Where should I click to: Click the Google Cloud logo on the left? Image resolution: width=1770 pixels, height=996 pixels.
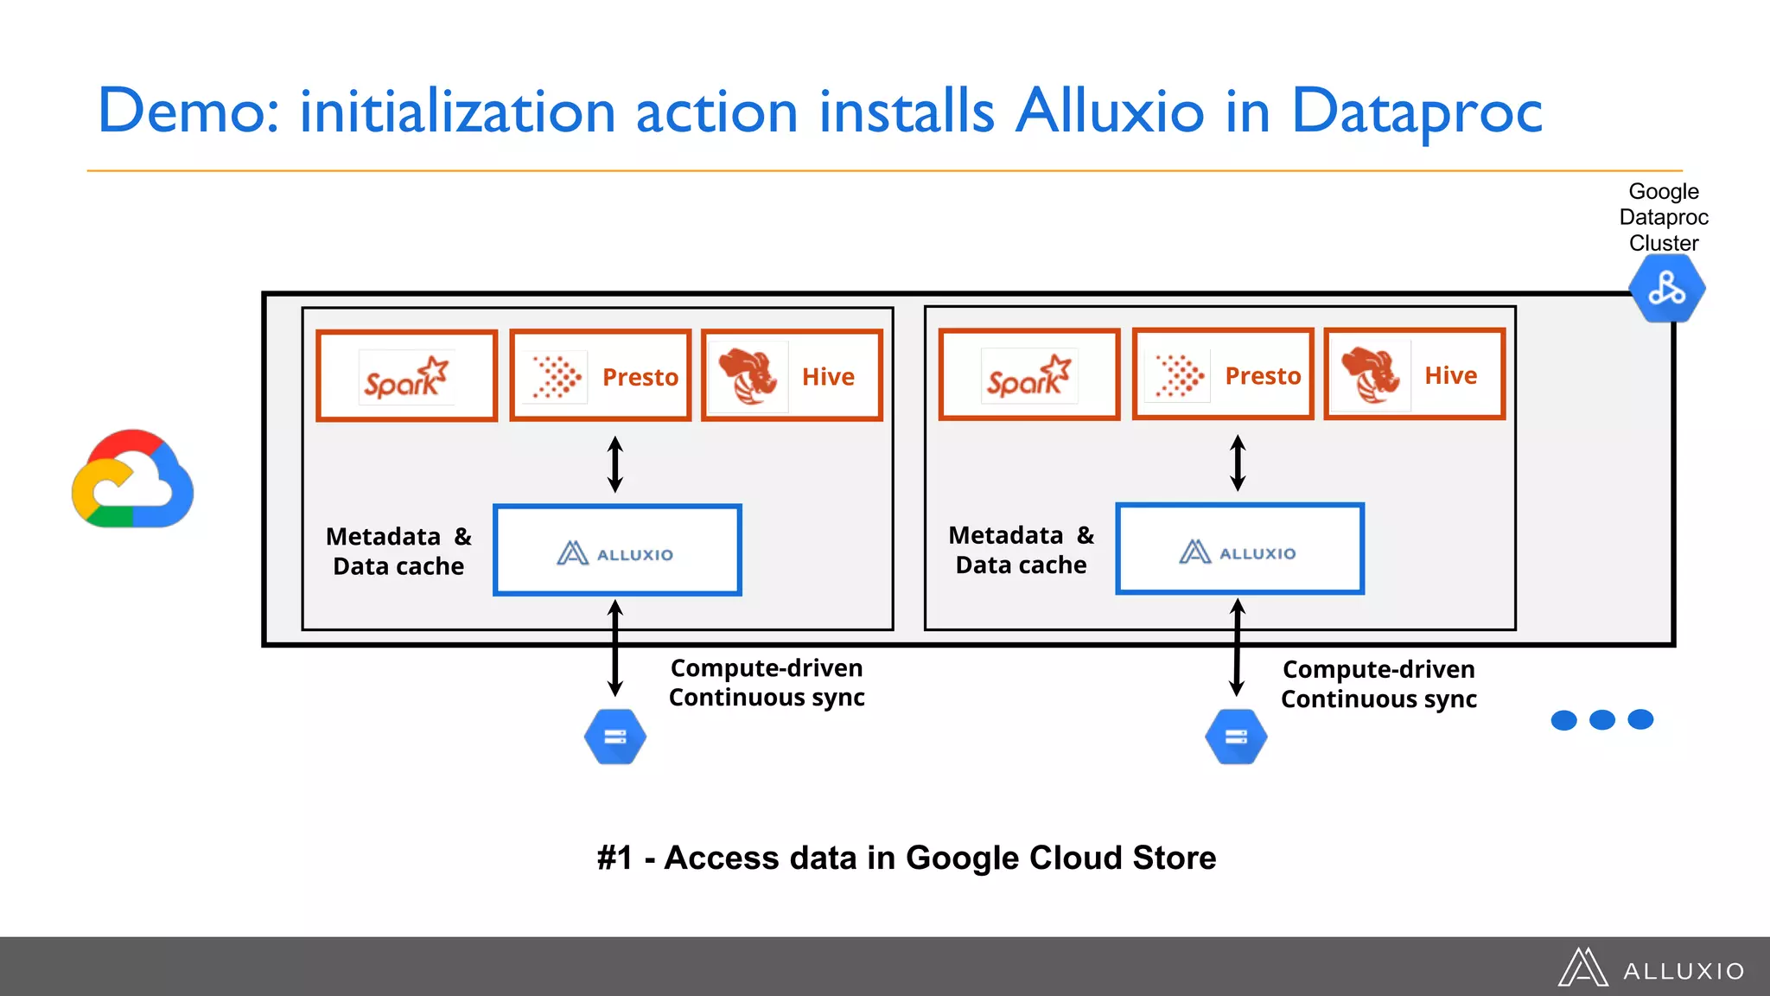tap(132, 479)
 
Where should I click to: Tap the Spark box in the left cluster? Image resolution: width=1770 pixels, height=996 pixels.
tap(406, 376)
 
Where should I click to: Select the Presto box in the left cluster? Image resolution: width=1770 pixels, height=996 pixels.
tap(601, 376)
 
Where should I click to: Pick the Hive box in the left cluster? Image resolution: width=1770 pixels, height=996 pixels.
tap(792, 376)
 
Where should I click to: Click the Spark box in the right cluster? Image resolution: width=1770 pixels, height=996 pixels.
tap(1028, 374)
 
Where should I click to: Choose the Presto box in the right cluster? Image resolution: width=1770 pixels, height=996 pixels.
tap(1223, 374)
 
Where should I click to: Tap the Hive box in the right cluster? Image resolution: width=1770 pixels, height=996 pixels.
tap(1415, 374)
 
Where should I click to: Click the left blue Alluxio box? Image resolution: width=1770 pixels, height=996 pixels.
tap(617, 551)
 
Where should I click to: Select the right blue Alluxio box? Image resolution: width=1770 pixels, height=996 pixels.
tap(1239, 549)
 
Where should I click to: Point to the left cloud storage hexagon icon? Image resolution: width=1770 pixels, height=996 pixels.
tap(615, 737)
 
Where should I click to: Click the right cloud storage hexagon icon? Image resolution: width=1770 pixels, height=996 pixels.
tap(1236, 737)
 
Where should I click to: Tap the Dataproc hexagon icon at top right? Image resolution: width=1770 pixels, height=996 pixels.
tap(1666, 289)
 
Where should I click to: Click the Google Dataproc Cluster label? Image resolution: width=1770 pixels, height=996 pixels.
tap(1664, 217)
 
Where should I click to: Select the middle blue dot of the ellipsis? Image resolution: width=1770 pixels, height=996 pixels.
tap(1601, 719)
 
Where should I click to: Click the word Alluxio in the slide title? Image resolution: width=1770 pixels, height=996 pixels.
tap(1110, 112)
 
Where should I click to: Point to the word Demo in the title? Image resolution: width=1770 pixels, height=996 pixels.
tap(188, 112)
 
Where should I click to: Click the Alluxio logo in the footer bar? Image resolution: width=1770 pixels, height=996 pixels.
tap(1651, 968)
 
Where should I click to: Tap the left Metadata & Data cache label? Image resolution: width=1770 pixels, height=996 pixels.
tap(398, 551)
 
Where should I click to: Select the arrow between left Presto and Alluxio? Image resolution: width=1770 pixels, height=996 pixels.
tap(615, 464)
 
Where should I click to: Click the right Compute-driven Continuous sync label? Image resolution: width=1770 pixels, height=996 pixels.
tap(1378, 684)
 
